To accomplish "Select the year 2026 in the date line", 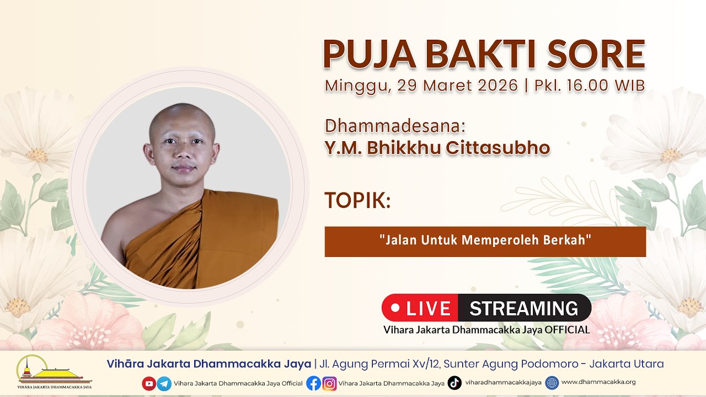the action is pos(498,85).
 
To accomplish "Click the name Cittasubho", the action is pos(498,148).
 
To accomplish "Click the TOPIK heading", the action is pos(358,200).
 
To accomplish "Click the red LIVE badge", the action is pos(420,308).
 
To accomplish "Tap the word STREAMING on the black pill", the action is pos(524,308).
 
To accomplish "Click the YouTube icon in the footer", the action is pos(149,383).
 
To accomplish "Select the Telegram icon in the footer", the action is pos(164,383).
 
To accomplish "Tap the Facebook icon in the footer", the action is pos(314,383).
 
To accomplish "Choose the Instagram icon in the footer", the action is pos(330,383).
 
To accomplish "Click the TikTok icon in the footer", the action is pos(454,383).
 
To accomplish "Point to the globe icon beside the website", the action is pos(552,383).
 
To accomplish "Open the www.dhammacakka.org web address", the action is pos(598,382).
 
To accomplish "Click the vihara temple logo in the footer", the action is pos(54,372).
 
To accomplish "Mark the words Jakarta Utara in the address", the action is pos(627,364).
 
